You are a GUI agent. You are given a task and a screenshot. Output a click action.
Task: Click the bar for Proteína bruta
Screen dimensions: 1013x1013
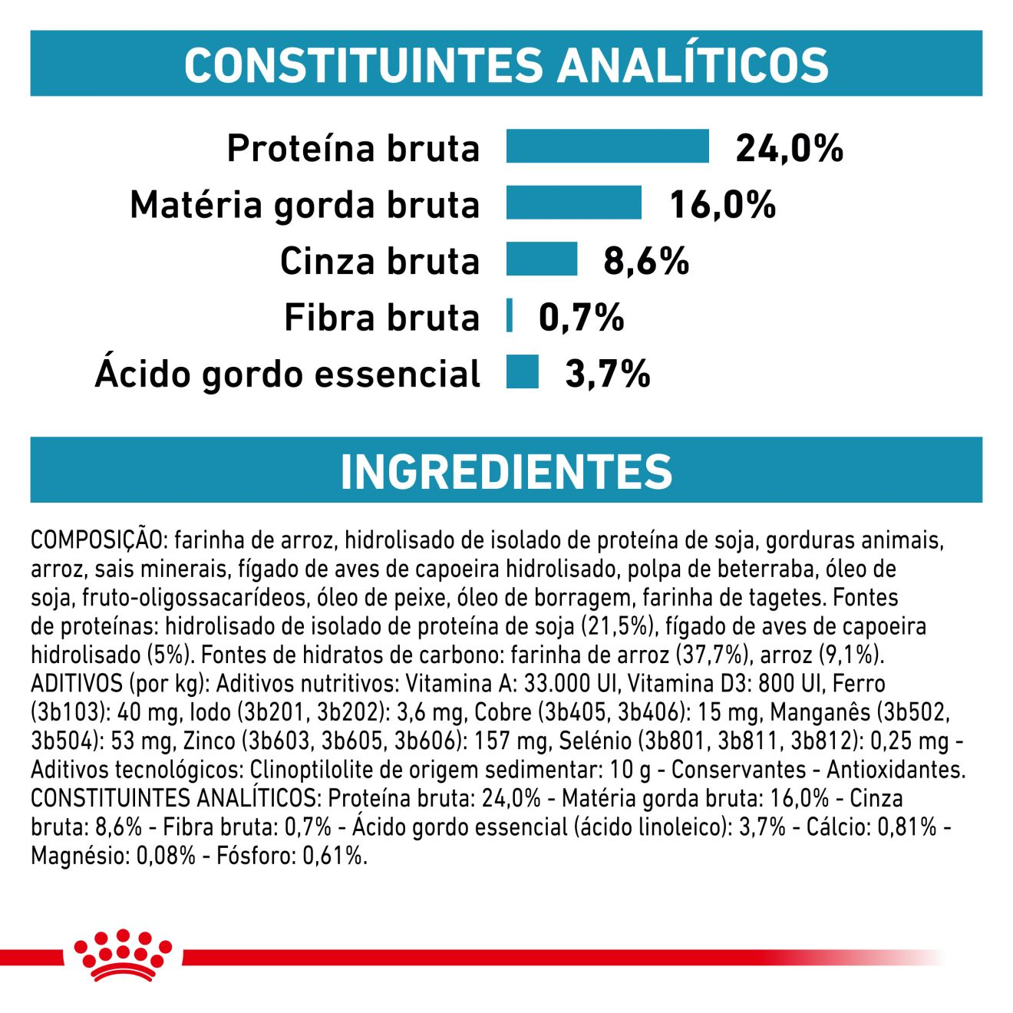click(x=607, y=147)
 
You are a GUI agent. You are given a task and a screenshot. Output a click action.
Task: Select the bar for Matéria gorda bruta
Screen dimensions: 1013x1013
click(x=573, y=203)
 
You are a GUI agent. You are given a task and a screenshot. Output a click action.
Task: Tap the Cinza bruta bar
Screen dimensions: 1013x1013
click(x=541, y=259)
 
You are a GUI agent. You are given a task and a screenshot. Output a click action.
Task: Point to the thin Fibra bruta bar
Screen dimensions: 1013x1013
click(x=510, y=315)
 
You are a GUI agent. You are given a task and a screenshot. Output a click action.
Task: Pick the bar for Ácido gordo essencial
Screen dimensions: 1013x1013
click(x=522, y=372)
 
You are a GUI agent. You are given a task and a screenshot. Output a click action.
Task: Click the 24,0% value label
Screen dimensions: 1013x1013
click(x=789, y=148)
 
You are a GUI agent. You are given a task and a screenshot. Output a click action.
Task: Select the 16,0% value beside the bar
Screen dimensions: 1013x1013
click(x=722, y=205)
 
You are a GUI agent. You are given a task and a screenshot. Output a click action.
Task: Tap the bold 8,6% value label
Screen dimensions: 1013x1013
click(x=646, y=261)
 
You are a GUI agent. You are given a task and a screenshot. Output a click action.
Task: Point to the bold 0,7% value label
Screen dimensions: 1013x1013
click(x=581, y=317)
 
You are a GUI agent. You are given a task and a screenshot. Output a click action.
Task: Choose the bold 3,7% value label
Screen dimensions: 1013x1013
click(x=607, y=374)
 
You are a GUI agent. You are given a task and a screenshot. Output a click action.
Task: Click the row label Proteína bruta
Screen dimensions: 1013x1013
click(x=353, y=148)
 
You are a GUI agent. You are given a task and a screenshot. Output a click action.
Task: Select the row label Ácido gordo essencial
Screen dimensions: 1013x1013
click(x=288, y=374)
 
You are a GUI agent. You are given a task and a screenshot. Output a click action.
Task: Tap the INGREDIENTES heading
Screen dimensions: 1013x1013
click(x=506, y=470)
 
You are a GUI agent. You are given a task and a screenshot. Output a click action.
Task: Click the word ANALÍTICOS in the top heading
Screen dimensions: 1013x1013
click(x=693, y=64)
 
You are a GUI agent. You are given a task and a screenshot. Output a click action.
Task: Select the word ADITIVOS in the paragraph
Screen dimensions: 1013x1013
click(x=77, y=683)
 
